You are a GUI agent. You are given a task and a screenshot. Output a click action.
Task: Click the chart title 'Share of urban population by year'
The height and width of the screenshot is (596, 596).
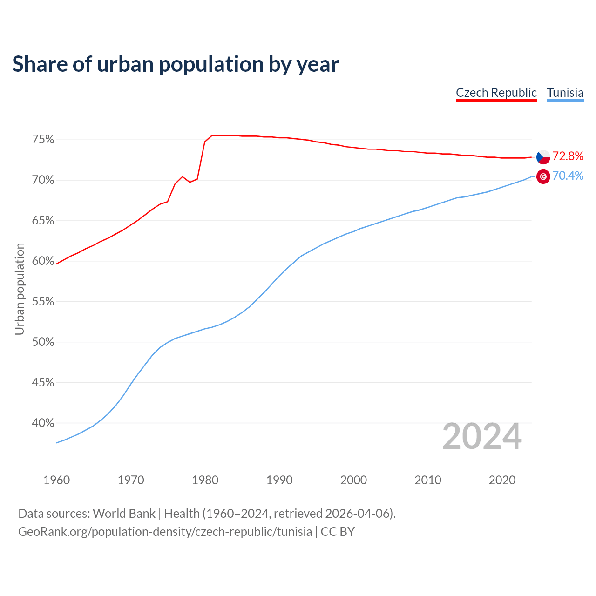coord(176,64)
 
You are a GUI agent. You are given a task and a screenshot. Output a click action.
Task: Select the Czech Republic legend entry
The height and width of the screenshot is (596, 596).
coord(496,93)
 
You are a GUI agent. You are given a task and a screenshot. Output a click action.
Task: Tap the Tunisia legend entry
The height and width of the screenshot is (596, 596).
coord(565,93)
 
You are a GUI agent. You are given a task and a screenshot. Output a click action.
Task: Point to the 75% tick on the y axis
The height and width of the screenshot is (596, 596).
coord(43,140)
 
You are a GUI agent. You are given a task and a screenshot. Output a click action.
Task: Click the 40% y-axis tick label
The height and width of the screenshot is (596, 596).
coord(43,423)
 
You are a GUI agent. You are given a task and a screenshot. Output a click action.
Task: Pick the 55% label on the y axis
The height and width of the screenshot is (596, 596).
coord(43,302)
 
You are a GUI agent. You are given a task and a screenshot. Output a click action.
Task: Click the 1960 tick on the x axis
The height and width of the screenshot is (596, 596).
coord(56,480)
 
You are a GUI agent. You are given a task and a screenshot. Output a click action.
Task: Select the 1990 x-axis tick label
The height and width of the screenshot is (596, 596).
coord(279,480)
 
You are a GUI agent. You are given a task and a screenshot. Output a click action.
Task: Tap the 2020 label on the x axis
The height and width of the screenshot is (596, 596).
coord(502,480)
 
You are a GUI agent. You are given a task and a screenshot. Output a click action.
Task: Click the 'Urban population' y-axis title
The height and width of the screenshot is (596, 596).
coord(20,289)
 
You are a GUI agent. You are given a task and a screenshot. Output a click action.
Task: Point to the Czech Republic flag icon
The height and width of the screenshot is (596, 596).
coord(543,157)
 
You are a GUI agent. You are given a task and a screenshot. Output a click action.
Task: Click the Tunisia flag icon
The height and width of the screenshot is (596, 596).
coord(543,176)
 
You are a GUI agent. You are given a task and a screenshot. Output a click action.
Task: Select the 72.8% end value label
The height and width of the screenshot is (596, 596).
coord(568,156)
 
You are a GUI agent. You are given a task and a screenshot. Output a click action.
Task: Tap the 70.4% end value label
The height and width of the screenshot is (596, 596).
coord(568,176)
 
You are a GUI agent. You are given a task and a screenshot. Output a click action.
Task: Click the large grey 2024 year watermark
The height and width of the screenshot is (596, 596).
coord(482,437)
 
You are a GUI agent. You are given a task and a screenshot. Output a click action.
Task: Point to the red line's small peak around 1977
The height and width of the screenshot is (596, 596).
coord(182,176)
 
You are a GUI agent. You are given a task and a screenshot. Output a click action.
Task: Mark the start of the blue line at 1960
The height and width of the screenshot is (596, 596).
coord(56,443)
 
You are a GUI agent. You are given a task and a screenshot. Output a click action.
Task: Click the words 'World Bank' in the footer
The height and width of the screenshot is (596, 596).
coord(124,514)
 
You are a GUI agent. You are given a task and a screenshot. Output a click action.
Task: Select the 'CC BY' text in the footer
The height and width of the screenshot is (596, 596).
coord(338,532)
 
